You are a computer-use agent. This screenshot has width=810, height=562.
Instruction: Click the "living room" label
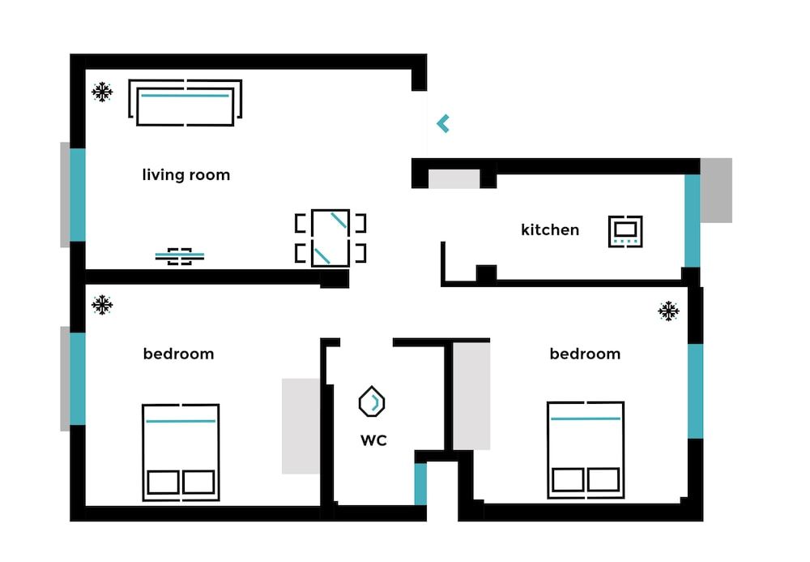tap(185, 175)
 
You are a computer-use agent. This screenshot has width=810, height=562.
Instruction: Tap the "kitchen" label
tap(550, 230)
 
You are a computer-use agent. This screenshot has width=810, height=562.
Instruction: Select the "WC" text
tap(373, 440)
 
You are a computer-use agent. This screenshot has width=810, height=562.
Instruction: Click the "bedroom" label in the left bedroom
tap(178, 354)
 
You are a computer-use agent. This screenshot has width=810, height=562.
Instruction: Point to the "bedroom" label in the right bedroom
tap(585, 354)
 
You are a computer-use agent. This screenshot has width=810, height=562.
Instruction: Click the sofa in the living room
tap(185, 103)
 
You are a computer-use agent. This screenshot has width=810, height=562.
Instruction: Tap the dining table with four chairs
tap(330, 238)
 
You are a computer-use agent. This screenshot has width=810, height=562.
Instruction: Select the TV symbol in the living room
tap(180, 256)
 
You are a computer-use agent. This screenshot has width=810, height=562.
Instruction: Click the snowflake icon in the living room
tap(102, 92)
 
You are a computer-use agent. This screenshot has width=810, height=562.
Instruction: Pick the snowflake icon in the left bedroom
tap(102, 306)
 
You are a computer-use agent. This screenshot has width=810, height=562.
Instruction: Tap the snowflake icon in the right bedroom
tap(668, 311)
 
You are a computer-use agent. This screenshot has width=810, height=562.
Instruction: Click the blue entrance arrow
tap(442, 124)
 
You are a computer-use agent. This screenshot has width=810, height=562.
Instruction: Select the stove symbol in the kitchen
tap(625, 231)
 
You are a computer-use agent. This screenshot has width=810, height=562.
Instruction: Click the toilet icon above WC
tap(372, 401)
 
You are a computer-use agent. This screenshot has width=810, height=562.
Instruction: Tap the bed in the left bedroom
tap(181, 451)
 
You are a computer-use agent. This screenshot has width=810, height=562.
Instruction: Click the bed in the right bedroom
tap(586, 448)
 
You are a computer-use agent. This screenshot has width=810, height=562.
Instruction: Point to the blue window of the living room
tap(78, 195)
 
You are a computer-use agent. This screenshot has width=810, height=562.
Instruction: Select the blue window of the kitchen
tap(693, 221)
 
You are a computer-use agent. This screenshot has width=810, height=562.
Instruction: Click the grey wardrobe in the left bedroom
tap(301, 426)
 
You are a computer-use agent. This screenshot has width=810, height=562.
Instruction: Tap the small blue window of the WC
tap(420, 483)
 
